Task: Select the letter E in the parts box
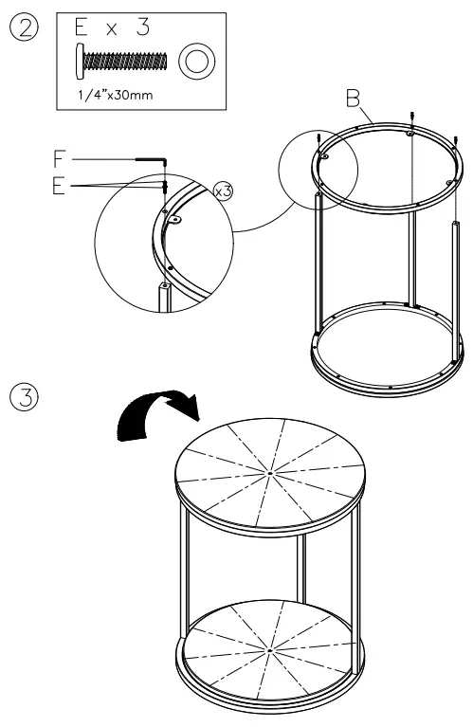(83, 29)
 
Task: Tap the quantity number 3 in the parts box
(142, 29)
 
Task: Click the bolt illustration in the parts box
(120, 62)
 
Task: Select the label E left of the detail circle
(60, 187)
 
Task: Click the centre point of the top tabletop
(270, 471)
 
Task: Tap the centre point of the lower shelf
(269, 651)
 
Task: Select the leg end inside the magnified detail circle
(165, 290)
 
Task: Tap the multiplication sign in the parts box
(113, 30)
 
